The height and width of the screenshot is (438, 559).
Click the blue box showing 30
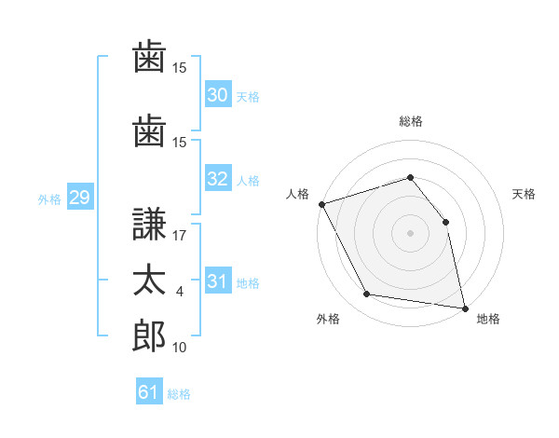218,94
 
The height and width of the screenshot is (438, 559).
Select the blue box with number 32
218,178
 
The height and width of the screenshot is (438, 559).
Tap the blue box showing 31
218,280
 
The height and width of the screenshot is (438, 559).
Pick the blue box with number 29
80,197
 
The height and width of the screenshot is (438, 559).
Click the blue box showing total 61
149,390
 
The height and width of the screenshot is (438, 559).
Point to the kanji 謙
149,224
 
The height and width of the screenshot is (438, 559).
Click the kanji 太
149,280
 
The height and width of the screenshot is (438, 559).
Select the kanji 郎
149,335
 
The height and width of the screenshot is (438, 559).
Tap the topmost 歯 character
149,56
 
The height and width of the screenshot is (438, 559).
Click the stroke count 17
179,236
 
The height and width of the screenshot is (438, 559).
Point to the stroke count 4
179,292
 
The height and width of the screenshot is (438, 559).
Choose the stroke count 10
179,347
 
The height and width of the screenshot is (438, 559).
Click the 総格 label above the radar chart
411,121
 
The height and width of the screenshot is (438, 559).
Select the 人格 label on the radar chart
297,194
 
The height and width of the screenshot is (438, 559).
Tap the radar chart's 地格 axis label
488,319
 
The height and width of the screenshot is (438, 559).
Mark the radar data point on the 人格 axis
322,204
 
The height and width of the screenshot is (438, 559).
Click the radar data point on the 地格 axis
465,308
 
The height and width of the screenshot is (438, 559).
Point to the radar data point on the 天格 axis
445,222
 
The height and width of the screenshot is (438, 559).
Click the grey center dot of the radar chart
410,233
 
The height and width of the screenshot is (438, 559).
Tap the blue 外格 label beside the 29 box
49,199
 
